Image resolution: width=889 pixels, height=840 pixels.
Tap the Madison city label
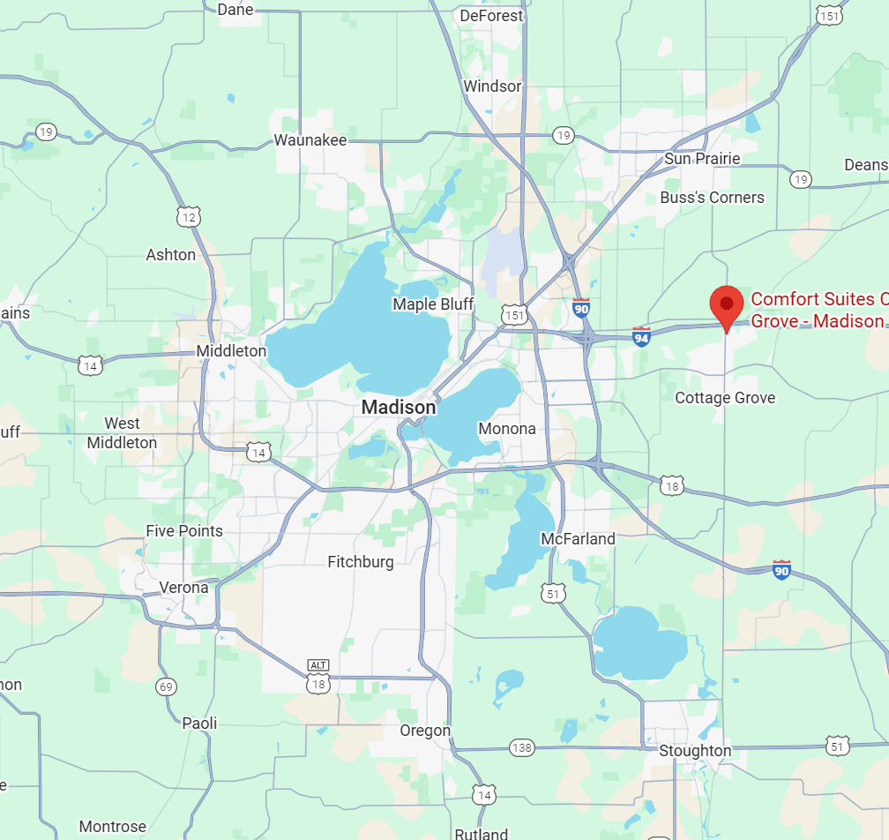click(399, 408)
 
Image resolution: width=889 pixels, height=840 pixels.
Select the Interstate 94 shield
click(641, 336)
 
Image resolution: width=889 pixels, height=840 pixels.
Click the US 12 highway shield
click(188, 216)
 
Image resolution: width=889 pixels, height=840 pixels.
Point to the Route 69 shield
click(166, 686)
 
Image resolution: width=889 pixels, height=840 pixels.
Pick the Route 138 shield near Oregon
click(522, 748)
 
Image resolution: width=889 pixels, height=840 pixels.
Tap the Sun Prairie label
click(702, 159)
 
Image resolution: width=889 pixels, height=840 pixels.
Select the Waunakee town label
click(310, 140)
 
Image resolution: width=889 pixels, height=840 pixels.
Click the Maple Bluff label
click(433, 304)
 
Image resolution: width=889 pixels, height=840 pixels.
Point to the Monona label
click(507, 429)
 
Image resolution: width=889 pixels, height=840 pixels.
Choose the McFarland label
click(578, 538)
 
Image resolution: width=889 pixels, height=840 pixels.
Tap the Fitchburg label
click(361, 562)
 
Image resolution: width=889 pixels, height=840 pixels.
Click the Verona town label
click(183, 588)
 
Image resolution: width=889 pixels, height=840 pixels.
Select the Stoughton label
click(695, 751)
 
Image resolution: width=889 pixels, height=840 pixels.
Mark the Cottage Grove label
click(725, 398)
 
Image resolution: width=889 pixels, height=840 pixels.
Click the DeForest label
click(491, 16)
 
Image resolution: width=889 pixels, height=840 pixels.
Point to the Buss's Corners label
click(712, 198)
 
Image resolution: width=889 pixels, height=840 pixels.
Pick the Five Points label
click(184, 531)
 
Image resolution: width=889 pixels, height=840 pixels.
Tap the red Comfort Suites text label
click(818, 310)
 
